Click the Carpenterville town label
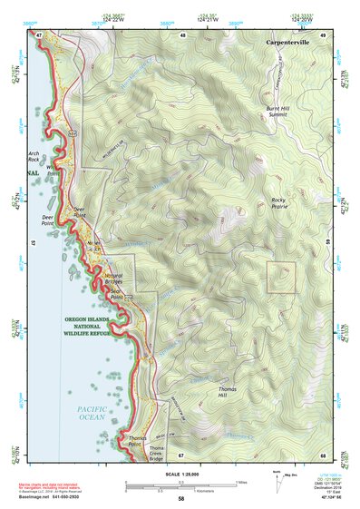289,43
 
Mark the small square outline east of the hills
281,278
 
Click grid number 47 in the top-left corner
39,35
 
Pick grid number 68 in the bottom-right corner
322,455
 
